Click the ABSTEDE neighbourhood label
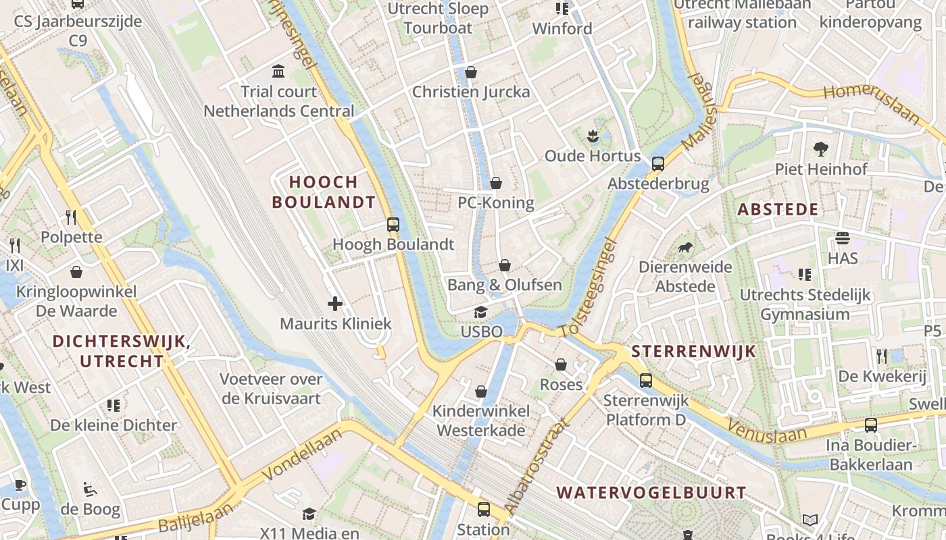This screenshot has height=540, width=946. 778,209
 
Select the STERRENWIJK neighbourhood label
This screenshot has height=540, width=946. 693,352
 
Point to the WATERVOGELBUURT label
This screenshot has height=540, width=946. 651,493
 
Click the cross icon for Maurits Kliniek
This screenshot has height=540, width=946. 335,304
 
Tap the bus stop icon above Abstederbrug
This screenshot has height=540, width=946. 658,163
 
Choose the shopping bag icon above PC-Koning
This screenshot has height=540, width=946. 496,182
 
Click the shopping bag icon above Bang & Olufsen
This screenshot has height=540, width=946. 505,265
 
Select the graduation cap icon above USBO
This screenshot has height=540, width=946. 481,312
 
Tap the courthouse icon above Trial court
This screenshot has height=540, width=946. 278,71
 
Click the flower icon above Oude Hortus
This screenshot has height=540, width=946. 593,136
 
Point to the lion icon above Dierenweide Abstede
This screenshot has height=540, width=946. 685,247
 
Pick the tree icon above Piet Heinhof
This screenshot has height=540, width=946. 821,148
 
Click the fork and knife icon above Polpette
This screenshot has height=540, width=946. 71,217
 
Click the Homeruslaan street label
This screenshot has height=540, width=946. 872,103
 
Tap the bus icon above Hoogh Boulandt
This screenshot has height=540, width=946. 393,225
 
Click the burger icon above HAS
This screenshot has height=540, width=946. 842,238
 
